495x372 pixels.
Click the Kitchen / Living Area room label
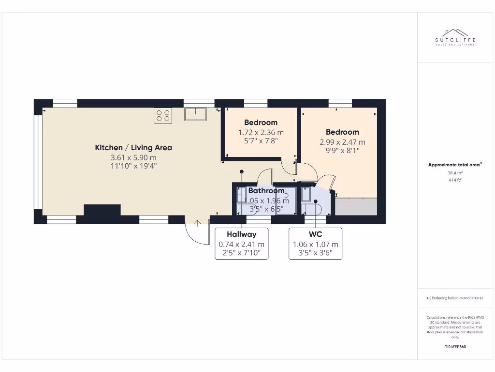click(133, 148)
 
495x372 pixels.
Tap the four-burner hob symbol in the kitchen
click(163, 115)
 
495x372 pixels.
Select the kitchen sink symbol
click(195, 114)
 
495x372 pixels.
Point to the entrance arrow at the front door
click(198, 223)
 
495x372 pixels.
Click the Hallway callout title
click(242, 234)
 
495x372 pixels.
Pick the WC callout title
click(315, 234)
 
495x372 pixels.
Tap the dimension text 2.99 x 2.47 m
click(342, 142)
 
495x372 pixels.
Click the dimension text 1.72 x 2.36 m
click(261, 132)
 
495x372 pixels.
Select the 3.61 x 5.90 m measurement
click(133, 158)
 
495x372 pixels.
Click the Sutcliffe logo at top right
click(455, 37)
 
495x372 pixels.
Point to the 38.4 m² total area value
click(455, 172)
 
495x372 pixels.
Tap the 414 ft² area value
click(455, 180)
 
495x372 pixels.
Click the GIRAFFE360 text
click(455, 347)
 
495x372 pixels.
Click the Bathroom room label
click(266, 191)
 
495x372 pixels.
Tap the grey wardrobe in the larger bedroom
click(356, 206)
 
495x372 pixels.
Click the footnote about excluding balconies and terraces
click(455, 298)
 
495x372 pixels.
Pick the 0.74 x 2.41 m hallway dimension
click(242, 245)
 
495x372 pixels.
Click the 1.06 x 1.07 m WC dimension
click(315, 245)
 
